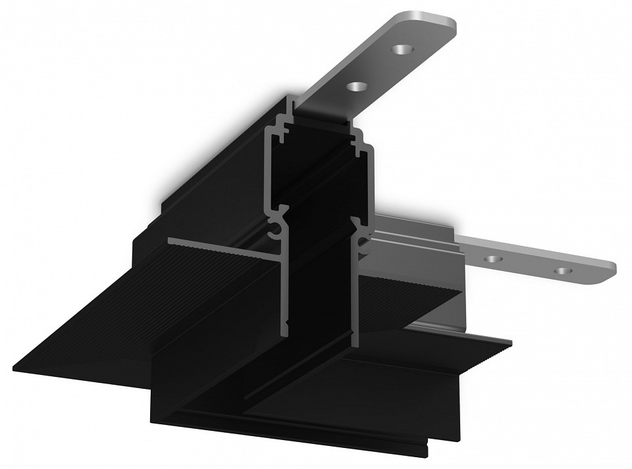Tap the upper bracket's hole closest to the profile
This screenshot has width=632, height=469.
356,86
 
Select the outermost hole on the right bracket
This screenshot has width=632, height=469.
561,270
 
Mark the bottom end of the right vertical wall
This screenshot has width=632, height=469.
355,342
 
